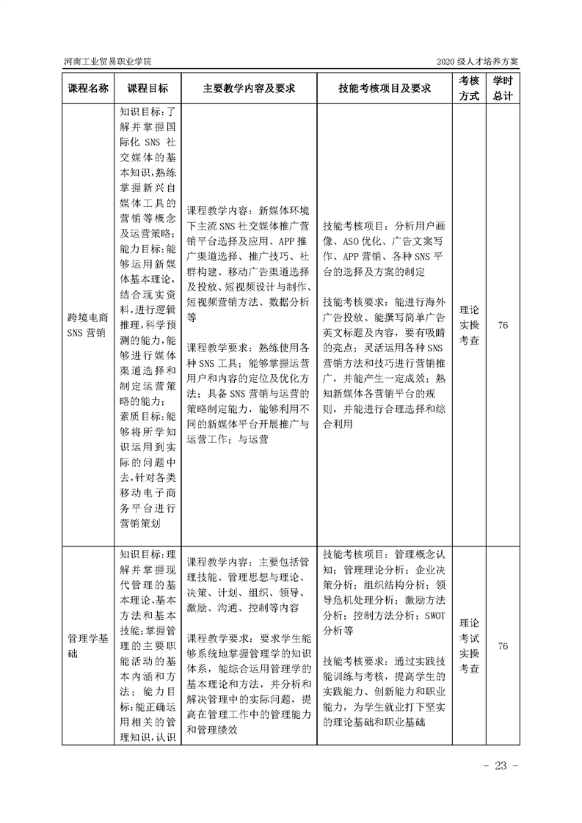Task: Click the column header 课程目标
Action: tap(147, 88)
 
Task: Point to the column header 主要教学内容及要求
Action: tap(249, 88)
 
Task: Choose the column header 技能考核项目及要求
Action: tap(384, 88)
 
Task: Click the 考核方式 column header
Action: tap(470, 88)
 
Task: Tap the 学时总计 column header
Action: tap(503, 88)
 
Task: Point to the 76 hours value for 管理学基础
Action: tap(503, 646)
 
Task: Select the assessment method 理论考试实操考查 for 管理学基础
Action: tap(470, 646)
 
